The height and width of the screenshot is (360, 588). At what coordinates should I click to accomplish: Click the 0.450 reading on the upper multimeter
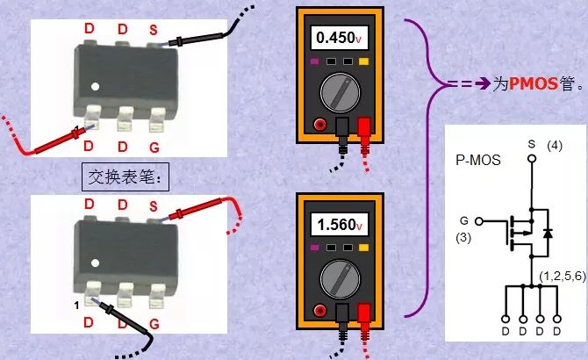pyautogui.click(x=337, y=39)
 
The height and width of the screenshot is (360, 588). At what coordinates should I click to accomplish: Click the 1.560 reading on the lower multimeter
pyautogui.click(x=337, y=224)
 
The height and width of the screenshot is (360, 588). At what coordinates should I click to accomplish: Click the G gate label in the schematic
pyautogui.click(x=464, y=220)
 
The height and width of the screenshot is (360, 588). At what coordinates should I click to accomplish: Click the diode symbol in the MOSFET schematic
pyautogui.click(x=548, y=233)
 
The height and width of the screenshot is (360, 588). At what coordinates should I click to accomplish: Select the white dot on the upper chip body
pyautogui.click(x=97, y=87)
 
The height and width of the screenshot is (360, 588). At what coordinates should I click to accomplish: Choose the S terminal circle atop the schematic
pyautogui.click(x=530, y=159)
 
